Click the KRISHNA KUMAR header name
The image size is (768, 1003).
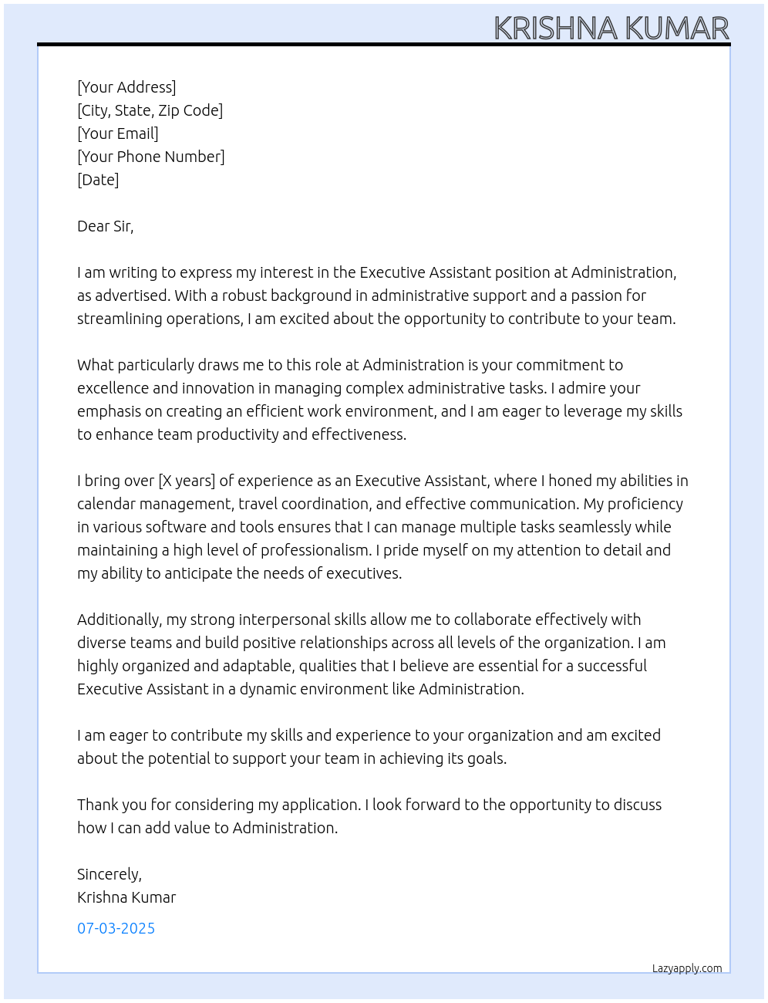[x=611, y=29]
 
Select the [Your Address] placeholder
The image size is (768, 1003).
[x=126, y=87]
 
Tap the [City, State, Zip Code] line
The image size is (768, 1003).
[x=150, y=110]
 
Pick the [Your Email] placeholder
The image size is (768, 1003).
[x=118, y=133]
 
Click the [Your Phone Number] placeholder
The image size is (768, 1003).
[x=151, y=157]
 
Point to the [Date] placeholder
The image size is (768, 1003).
[x=98, y=180]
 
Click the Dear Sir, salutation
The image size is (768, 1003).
[x=105, y=226]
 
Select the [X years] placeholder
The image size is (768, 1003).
[x=187, y=481]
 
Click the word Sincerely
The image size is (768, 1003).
[x=108, y=874]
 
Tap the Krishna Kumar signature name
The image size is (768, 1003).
[x=126, y=897]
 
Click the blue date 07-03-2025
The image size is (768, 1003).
[x=116, y=928]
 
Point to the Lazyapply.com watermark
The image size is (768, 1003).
[x=687, y=968]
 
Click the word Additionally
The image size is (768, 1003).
[x=119, y=620]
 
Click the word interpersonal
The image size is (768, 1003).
[x=285, y=620]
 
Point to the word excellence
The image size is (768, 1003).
[x=113, y=388]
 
